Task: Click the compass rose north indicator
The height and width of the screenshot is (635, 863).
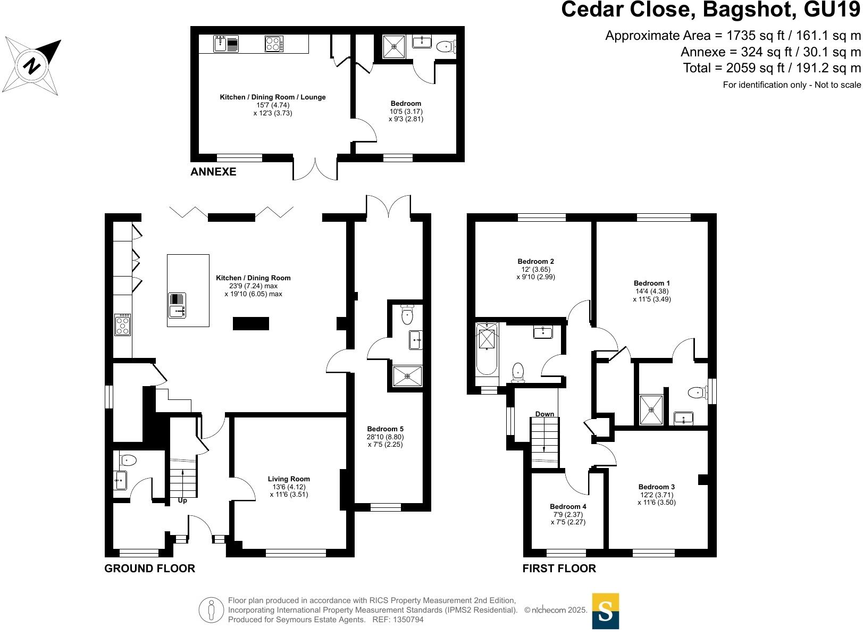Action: pos(32,65)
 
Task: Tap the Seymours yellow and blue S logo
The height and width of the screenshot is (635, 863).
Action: pos(605,611)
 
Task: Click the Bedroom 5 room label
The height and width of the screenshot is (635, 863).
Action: pos(385,429)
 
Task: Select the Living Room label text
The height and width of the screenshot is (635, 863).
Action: pos(289,479)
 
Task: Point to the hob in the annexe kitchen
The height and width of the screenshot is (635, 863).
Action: pos(274,44)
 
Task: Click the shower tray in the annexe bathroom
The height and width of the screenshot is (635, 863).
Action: pos(394,47)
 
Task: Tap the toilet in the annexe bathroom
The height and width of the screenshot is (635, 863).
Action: pos(445,47)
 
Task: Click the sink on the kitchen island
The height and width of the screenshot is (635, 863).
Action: pos(177,306)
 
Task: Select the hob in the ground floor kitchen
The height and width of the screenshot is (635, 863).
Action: pos(123,324)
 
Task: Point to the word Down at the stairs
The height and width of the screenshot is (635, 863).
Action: pos(544,414)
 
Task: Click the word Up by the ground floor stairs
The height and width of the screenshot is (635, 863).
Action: pos(182,500)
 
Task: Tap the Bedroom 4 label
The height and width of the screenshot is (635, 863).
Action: pos(568,507)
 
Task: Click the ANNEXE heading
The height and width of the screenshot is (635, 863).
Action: pos(213,172)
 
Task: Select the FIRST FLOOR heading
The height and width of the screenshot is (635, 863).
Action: pos(559,569)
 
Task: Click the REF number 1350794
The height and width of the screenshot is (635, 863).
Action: pos(407,620)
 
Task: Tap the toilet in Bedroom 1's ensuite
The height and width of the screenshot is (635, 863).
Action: pos(696,393)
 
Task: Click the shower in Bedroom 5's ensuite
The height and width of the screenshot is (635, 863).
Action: pos(407,376)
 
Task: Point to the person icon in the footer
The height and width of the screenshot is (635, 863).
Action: pos(212,610)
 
